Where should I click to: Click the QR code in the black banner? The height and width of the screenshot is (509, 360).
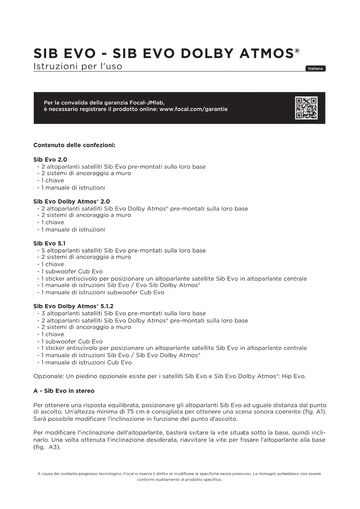pyautogui.click(x=306, y=108)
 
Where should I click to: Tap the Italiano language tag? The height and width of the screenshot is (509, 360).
pyautogui.click(x=315, y=69)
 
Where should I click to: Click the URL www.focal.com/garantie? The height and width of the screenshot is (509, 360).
pyautogui.click(x=193, y=109)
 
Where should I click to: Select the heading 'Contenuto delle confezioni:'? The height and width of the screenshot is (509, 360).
pyautogui.click(x=74, y=145)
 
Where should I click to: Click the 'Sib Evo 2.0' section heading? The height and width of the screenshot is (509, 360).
pyautogui.click(x=50, y=160)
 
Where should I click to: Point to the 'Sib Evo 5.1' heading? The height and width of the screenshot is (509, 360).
pyautogui.click(x=49, y=243)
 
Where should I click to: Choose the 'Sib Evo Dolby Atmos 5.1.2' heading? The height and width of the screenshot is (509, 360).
pyautogui.click(x=73, y=306)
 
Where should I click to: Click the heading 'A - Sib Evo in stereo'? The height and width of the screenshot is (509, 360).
pyautogui.click(x=64, y=391)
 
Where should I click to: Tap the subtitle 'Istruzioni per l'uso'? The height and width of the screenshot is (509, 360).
pyautogui.click(x=78, y=66)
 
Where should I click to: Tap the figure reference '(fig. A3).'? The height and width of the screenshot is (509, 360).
pyautogui.click(x=47, y=447)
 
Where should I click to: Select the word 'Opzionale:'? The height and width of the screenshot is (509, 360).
pyautogui.click(x=48, y=376)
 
